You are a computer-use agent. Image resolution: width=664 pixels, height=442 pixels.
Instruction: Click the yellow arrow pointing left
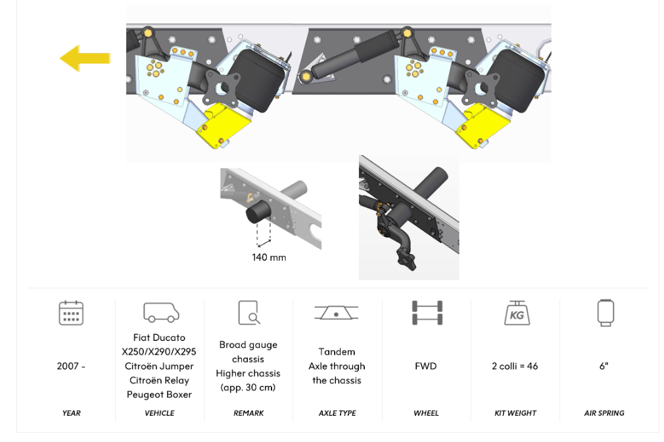coord(85,58)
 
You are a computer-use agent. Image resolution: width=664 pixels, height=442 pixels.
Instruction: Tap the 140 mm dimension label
coord(269,257)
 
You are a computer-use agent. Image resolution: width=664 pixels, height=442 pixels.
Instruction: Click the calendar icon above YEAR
coord(71,313)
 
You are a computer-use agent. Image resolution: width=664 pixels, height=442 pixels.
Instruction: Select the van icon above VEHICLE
coord(161,313)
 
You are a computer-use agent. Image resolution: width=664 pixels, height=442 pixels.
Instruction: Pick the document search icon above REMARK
coord(249,313)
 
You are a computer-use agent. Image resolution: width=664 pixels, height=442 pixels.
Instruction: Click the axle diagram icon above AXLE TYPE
coord(336,313)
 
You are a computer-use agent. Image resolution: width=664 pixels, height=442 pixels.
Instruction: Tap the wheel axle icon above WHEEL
coord(427,313)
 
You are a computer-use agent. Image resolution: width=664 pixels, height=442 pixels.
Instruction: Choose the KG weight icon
coord(517,313)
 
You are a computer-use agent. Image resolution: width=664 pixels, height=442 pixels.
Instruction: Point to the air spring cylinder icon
coord(605,313)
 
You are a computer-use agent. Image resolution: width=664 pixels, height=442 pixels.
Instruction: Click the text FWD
coord(425,366)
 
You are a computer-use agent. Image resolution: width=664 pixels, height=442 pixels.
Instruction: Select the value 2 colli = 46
coord(515,366)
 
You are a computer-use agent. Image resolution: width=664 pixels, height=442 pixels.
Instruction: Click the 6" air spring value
coord(604,366)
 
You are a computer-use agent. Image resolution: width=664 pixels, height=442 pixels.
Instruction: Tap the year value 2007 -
coord(71,366)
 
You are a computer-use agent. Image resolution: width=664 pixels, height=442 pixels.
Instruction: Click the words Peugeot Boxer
coord(159,395)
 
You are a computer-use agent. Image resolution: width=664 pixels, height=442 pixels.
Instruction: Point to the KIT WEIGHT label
coord(515,413)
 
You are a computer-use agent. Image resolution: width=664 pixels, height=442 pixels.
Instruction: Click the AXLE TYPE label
coord(337,413)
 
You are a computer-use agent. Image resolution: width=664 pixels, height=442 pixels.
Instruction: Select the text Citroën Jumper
coord(159,366)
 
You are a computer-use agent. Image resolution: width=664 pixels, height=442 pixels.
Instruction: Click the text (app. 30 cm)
coord(248,387)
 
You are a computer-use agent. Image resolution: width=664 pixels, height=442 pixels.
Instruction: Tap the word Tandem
coord(337,352)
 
